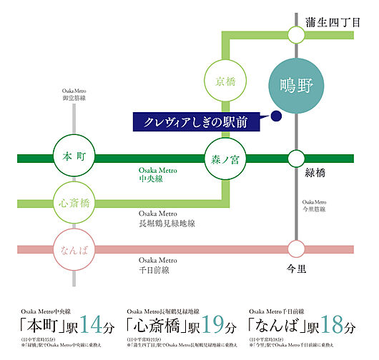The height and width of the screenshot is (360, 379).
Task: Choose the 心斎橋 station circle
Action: click(74, 204)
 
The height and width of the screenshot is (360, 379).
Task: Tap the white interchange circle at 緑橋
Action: click(295, 158)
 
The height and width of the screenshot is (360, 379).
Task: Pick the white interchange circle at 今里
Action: click(295, 249)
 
